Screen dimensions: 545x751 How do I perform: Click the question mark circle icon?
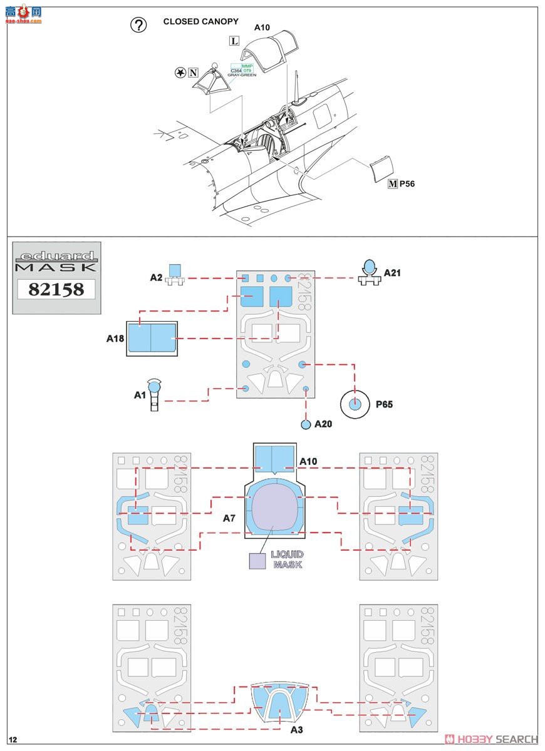[138, 24]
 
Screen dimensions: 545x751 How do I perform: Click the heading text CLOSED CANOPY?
[200, 21]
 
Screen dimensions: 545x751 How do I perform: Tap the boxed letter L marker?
[234, 41]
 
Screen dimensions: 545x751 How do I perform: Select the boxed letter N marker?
[193, 73]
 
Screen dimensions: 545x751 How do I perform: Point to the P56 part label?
[407, 184]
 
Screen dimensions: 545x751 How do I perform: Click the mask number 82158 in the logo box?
[56, 289]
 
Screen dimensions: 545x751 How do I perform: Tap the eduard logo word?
[56, 256]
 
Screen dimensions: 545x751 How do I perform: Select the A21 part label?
[392, 273]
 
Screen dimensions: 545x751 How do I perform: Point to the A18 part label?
[115, 339]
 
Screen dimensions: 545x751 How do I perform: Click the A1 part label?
[140, 395]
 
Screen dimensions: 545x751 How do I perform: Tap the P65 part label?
[385, 405]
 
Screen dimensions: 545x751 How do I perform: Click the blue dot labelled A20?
[306, 424]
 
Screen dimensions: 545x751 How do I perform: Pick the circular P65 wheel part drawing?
[355, 404]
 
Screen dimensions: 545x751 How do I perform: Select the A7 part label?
[229, 518]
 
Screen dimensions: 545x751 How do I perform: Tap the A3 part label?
[297, 729]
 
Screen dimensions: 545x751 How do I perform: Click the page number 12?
[13, 740]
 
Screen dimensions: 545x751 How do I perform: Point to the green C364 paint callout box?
[236, 71]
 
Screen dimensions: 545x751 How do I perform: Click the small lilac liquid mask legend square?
[257, 561]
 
